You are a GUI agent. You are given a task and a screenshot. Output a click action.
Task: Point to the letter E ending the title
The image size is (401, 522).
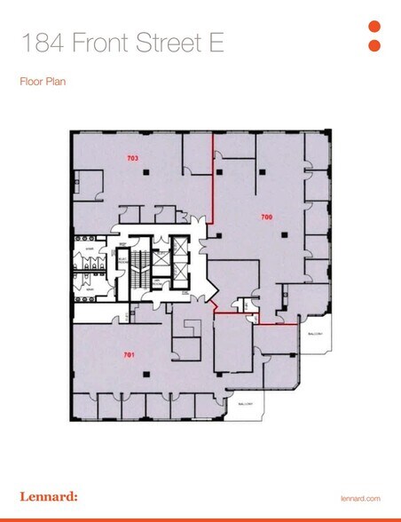(x=240, y=42)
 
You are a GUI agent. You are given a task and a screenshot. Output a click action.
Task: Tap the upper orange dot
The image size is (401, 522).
(x=373, y=27)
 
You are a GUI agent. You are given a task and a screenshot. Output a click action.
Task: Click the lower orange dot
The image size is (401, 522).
(x=373, y=45)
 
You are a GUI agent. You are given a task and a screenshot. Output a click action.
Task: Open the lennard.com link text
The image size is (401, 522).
(x=360, y=499)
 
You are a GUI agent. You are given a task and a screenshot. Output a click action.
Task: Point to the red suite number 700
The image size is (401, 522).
(x=265, y=216)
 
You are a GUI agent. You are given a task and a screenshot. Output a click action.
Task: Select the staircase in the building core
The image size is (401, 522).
(x=138, y=265)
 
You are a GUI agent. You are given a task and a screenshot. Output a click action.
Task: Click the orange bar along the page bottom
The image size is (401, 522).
(x=200, y=519)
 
